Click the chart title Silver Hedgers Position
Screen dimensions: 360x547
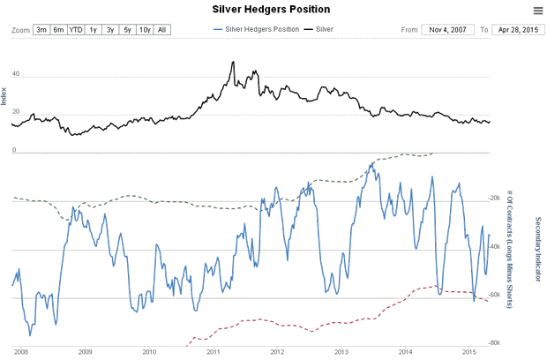[271, 10]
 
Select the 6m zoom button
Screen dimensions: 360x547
[58, 30]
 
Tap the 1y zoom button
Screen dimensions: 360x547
[93, 30]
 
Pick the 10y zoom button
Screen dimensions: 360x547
[144, 30]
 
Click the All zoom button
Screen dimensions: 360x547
[161, 30]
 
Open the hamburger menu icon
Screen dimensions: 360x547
[537, 11]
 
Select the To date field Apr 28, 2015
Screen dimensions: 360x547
[517, 30]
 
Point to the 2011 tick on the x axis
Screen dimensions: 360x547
[213, 351]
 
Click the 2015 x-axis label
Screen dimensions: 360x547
[468, 351]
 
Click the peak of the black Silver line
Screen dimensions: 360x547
[232, 63]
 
